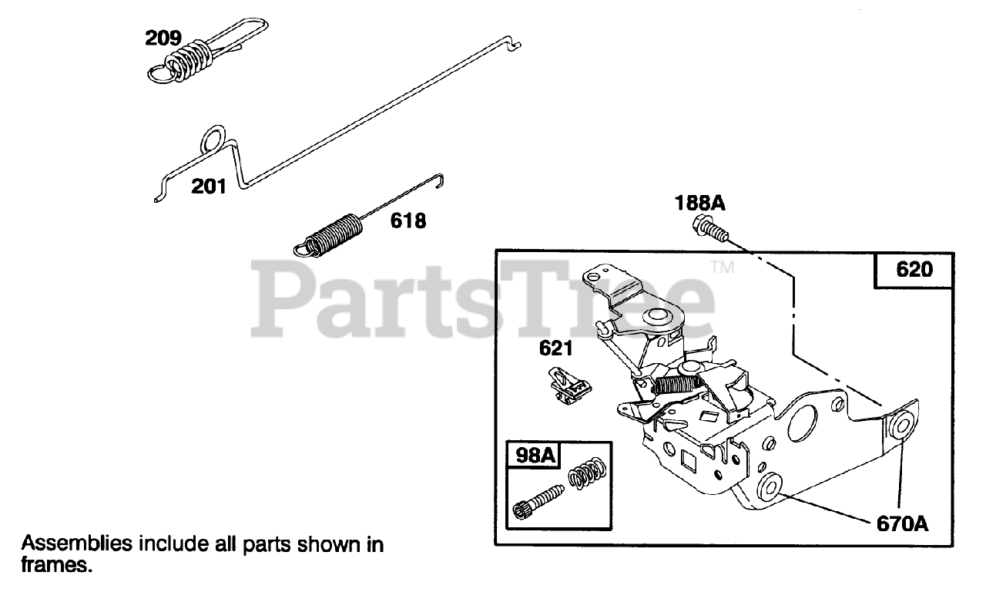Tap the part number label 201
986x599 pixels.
(209, 186)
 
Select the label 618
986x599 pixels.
(408, 221)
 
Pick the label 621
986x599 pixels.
(555, 348)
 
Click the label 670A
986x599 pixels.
(902, 524)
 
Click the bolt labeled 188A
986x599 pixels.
(709, 228)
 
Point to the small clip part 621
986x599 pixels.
(570, 385)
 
